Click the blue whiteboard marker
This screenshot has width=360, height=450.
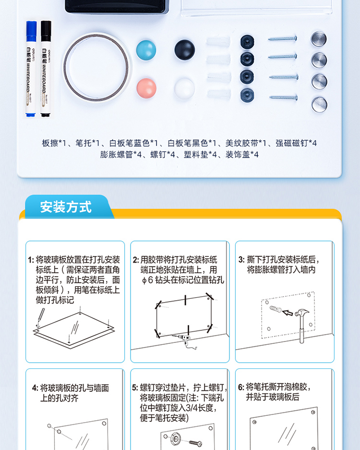coord(31,69)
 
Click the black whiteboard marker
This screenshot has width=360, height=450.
coord(46,69)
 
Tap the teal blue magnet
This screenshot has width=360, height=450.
coord(146,50)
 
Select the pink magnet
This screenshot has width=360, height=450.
coord(146,88)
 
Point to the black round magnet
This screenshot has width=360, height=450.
coord(184,49)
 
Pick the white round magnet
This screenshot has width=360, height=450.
coord(184,88)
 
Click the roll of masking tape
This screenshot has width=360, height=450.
coord(96,67)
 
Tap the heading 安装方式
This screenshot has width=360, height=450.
coord(66,207)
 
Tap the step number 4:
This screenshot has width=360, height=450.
coord(35,388)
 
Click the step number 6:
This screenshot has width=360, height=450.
coord(241,387)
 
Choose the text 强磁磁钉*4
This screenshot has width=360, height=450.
coord(296,143)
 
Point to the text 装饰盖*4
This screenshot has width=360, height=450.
coord(242,155)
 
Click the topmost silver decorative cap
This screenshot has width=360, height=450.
coord(318,39)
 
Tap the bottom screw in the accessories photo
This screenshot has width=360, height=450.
coord(283,98)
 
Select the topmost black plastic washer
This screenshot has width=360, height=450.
coord(247,42)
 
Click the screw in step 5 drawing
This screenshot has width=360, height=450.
coord(196,443)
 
